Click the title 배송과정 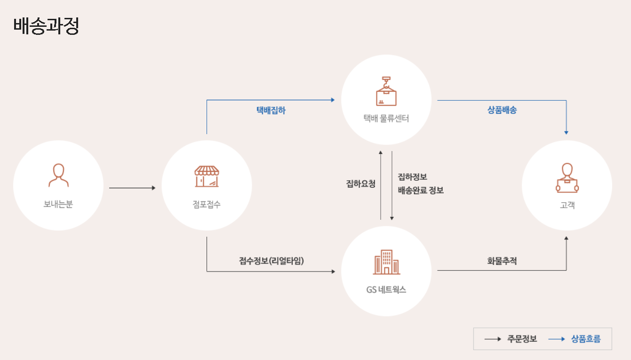(x=46, y=26)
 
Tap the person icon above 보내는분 (x=58, y=176)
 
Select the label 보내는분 (x=58, y=204)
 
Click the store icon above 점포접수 (x=207, y=176)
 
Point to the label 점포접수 (x=207, y=204)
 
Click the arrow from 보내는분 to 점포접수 (x=132, y=188)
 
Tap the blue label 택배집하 (x=271, y=111)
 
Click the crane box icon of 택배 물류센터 (x=386, y=91)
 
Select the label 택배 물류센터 (x=386, y=119)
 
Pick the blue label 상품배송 (x=502, y=111)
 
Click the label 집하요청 (x=361, y=184)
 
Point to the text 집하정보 (x=413, y=177)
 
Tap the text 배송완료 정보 (x=421, y=191)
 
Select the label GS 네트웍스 (x=386, y=290)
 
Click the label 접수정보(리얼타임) (x=272, y=260)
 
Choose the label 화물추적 (x=502, y=260)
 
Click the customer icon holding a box (x=567, y=178)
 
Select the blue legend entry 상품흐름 (x=586, y=339)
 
